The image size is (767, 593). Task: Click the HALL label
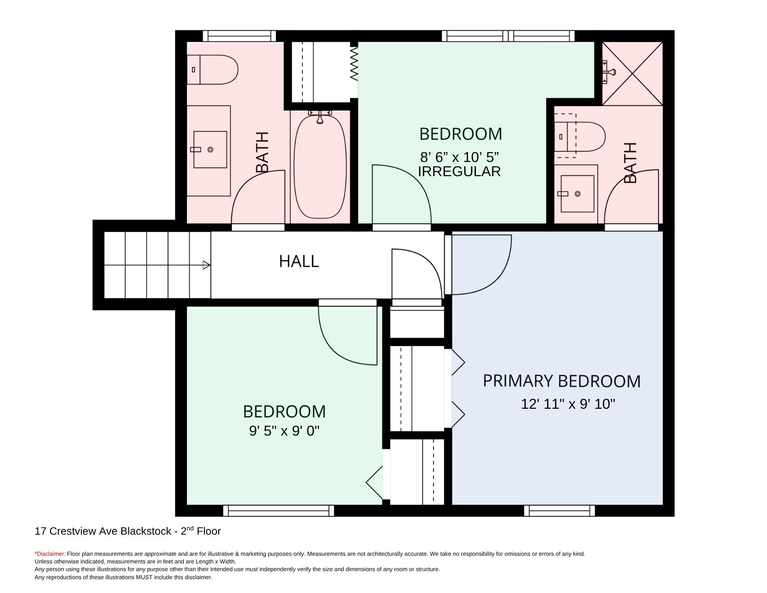click(x=299, y=261)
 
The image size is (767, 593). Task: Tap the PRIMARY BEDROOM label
click(x=562, y=381)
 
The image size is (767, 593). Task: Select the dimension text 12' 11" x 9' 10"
click(x=568, y=404)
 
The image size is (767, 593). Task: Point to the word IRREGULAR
click(x=459, y=171)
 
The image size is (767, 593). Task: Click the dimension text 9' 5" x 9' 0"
click(x=284, y=431)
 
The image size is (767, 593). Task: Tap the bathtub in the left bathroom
click(x=320, y=166)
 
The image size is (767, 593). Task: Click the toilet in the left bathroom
click(x=213, y=69)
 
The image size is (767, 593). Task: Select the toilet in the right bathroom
click(x=580, y=137)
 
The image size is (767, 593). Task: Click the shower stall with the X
click(x=632, y=73)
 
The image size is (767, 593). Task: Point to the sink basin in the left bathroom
click(x=210, y=150)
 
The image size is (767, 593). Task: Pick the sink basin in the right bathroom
click(x=577, y=194)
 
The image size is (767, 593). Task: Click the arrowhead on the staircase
click(x=206, y=265)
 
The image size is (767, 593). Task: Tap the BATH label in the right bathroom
click(x=630, y=163)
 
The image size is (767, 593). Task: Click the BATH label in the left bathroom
click(x=262, y=152)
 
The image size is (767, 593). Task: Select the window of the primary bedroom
click(x=559, y=510)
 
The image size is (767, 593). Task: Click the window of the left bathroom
click(x=239, y=36)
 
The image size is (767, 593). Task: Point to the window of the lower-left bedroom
click(x=279, y=510)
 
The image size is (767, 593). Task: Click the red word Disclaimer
click(x=50, y=554)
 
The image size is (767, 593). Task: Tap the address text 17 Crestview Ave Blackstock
click(x=103, y=531)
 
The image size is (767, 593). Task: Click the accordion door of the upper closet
click(x=354, y=64)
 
